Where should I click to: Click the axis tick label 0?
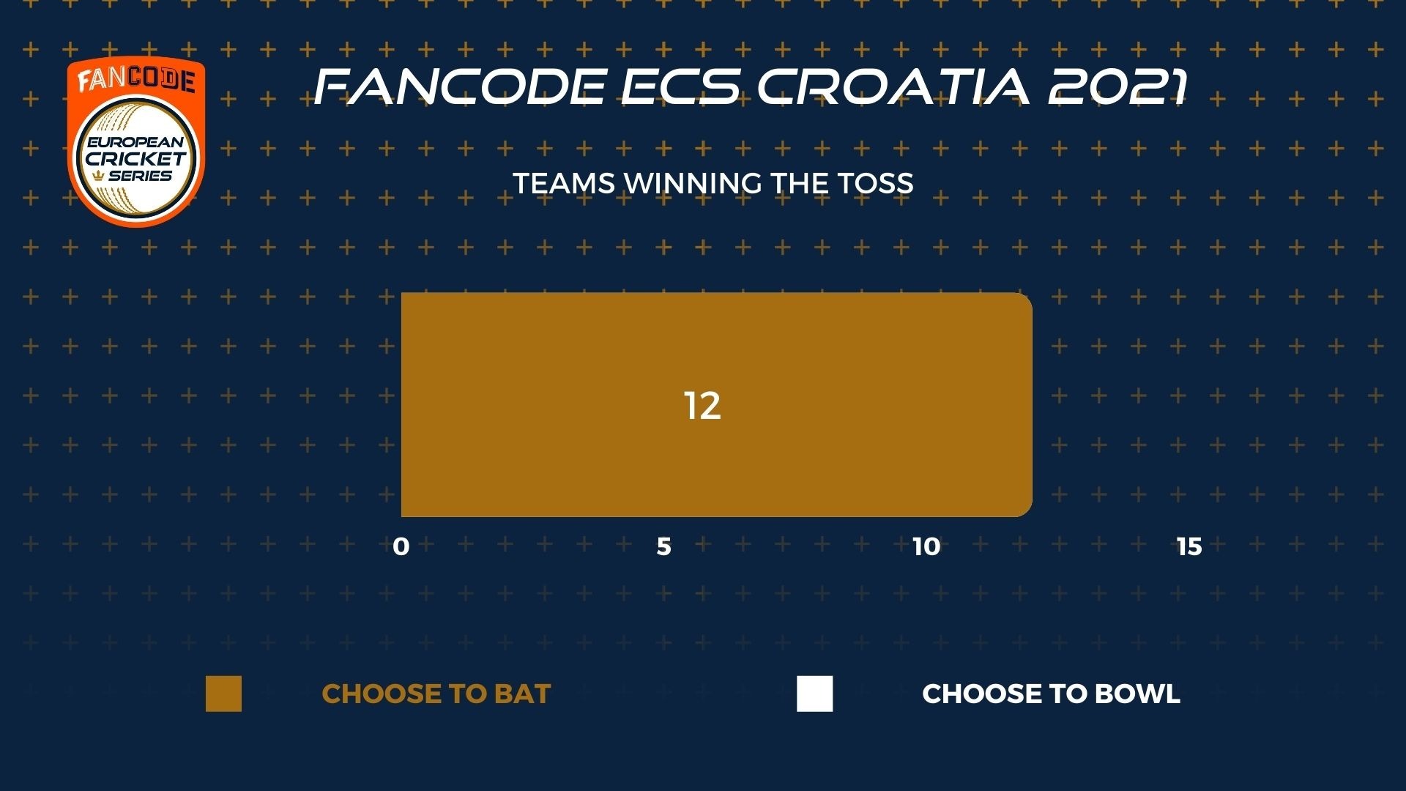click(401, 546)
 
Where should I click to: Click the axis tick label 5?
click(663, 546)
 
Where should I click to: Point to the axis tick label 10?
click(926, 546)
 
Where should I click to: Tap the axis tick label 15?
click(1189, 546)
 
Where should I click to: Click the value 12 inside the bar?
click(702, 406)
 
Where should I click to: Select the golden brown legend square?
click(223, 694)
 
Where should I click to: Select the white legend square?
click(815, 694)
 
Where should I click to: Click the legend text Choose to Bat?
click(436, 694)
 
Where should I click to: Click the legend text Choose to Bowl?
click(1051, 694)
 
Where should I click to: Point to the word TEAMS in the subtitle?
click(564, 183)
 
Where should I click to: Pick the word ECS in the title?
click(681, 86)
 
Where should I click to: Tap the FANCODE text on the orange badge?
click(136, 80)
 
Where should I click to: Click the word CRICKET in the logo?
click(136, 158)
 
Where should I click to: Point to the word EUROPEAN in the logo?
click(136, 142)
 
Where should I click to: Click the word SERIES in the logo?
click(140, 176)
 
